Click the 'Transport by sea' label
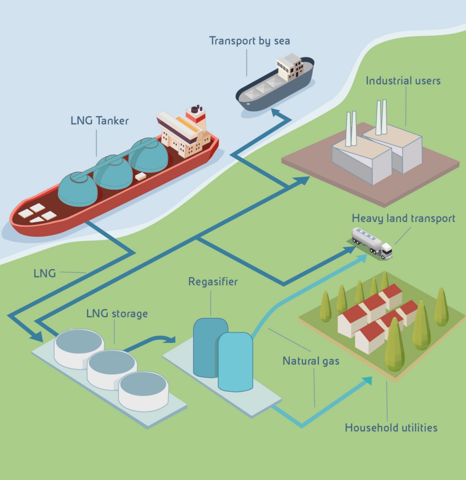pos(250,41)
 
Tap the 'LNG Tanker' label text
pos(100,121)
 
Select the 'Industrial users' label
pos(403,81)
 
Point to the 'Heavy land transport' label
pos(404,218)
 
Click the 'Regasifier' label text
pos(213,282)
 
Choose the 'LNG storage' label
pos(117,313)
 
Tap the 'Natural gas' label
pos(311,361)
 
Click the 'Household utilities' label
pos(391,428)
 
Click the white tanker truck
pos(372,243)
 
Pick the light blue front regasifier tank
pos(235,362)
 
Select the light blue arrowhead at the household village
pos(367,380)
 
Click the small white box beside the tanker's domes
pos(140,176)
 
